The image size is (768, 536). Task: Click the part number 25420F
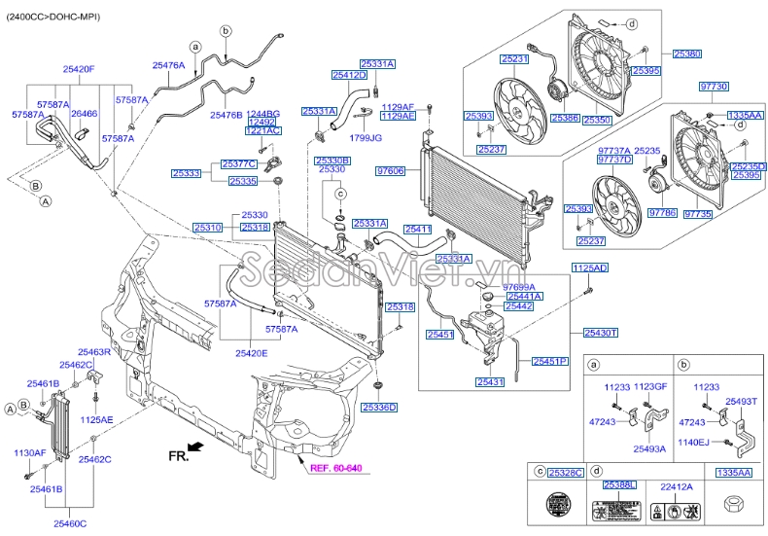pyautogui.click(x=79, y=69)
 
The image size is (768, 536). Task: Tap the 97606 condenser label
pyautogui.click(x=390, y=170)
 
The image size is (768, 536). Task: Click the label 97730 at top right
pyautogui.click(x=714, y=87)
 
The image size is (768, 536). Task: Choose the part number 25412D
pyautogui.click(x=348, y=75)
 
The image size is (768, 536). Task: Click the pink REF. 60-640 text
pyautogui.click(x=335, y=469)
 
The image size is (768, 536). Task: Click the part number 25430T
pyautogui.click(x=601, y=333)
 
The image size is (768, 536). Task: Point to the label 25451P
pyautogui.click(x=548, y=361)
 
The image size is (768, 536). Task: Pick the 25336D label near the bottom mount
pyautogui.click(x=380, y=408)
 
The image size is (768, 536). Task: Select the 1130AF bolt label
pyautogui.click(x=29, y=453)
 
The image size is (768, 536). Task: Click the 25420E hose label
pyautogui.click(x=250, y=353)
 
